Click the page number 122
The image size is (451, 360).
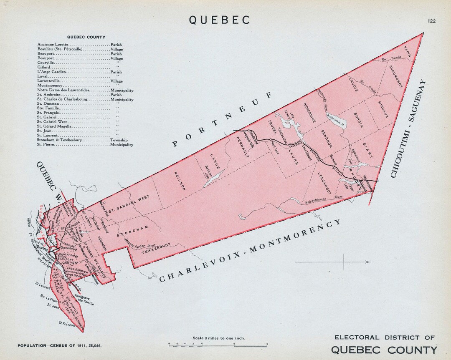tap(431, 21)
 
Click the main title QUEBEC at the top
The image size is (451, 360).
tap(220, 20)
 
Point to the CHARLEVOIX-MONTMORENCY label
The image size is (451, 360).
tap(251, 251)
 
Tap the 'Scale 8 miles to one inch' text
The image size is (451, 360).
tap(218, 338)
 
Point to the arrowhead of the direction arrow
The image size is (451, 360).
tap(369, 262)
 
